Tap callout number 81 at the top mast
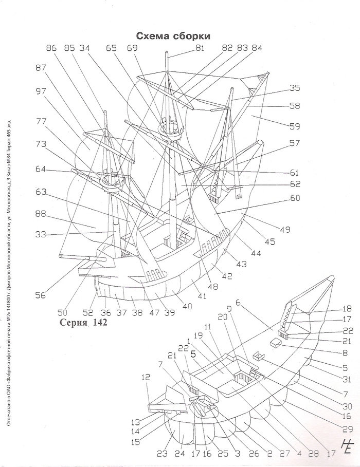click(x=200, y=49)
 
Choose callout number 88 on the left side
click(x=42, y=214)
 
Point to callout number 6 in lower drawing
click(x=238, y=304)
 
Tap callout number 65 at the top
click(x=111, y=48)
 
